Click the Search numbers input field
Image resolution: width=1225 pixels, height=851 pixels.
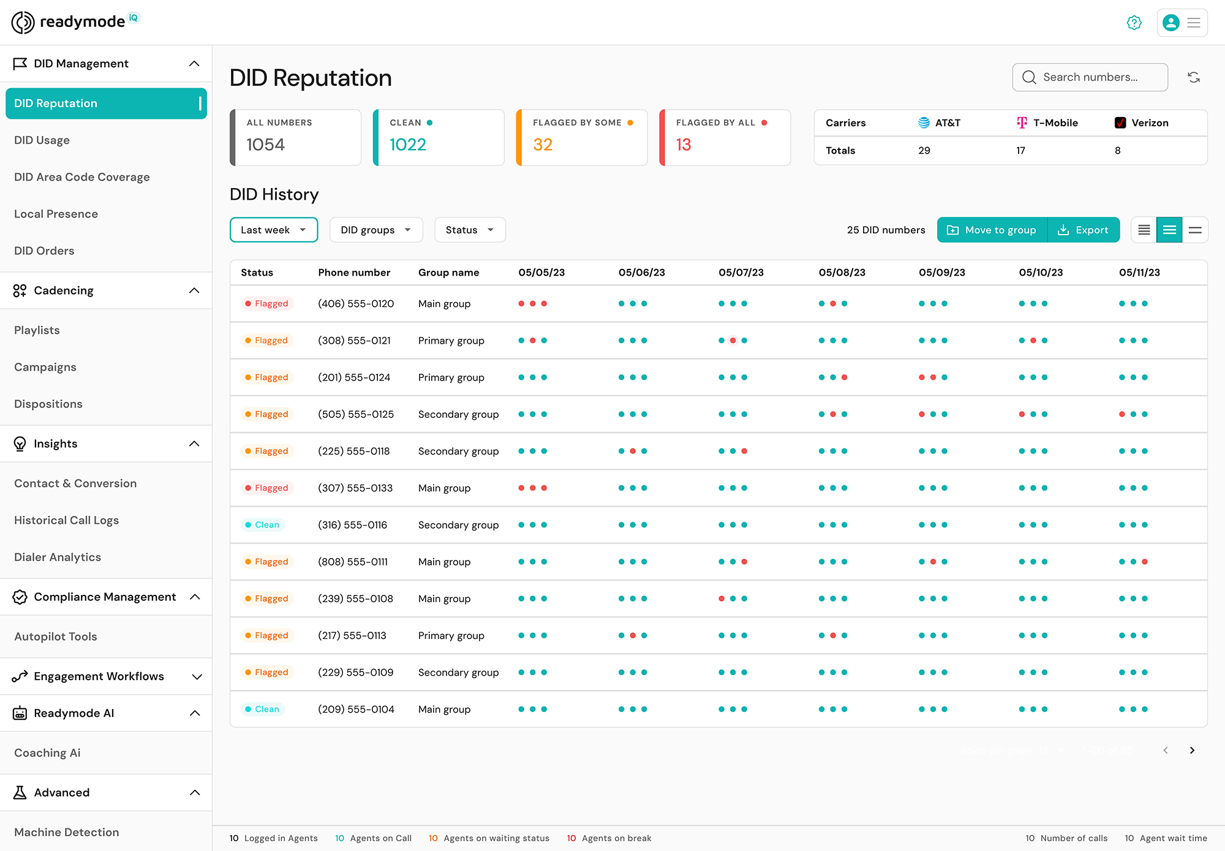[1090, 77]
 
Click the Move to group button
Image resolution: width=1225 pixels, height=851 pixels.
[992, 230]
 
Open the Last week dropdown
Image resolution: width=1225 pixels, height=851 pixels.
[273, 230]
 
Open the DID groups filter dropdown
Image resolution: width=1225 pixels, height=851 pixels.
[375, 230]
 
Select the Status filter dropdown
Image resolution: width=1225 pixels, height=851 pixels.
[469, 230]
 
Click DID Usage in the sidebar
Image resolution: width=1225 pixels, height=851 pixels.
[42, 140]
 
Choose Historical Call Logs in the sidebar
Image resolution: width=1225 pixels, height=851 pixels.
[66, 520]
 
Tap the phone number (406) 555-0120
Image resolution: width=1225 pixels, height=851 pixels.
[356, 304]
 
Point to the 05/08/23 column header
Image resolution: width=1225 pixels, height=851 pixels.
[842, 273]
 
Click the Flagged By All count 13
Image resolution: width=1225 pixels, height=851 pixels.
[684, 145]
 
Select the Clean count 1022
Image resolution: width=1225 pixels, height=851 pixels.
[408, 145]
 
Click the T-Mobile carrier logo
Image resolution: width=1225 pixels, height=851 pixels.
[1022, 123]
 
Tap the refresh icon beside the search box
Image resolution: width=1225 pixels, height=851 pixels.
[1193, 77]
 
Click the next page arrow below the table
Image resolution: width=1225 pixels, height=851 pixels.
[1192, 751]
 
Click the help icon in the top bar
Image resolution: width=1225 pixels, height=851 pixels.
[1134, 23]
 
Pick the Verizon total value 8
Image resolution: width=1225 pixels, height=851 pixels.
[1117, 151]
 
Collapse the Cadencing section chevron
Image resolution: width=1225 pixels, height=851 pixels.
[194, 290]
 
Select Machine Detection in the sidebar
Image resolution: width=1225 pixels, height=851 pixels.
[66, 832]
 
